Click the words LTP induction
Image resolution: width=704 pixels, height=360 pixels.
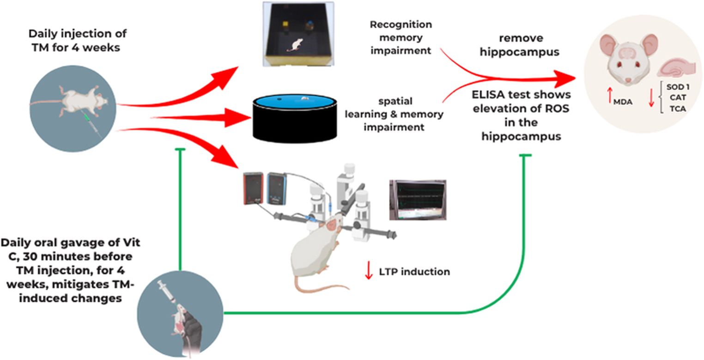(414, 271)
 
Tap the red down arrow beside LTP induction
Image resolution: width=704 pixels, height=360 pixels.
(369, 271)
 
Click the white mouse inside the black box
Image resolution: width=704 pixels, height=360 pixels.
(296, 44)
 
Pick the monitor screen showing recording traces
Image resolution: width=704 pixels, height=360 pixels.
(417, 199)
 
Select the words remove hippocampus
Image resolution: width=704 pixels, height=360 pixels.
(520, 45)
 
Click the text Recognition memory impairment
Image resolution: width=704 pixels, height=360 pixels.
(401, 37)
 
